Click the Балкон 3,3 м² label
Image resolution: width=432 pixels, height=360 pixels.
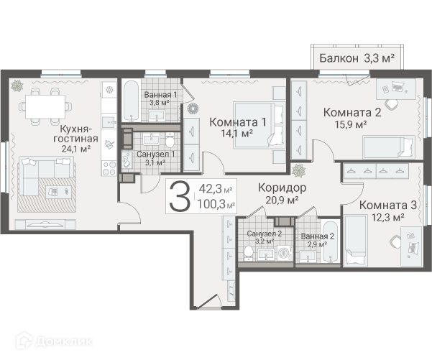pyautogui.click(x=357, y=58)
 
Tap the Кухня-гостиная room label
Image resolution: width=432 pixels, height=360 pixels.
pyautogui.click(x=75, y=134)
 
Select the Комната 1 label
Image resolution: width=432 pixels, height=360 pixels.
pyautogui.click(x=238, y=122)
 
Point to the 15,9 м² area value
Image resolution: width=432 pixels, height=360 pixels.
pyautogui.click(x=351, y=124)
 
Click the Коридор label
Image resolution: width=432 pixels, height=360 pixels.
pyautogui.click(x=282, y=188)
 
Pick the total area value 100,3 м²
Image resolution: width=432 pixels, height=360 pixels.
pyautogui.click(x=216, y=204)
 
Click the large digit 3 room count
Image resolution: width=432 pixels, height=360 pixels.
pyautogui.click(x=180, y=196)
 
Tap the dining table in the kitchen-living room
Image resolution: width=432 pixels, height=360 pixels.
pyautogui.click(x=45, y=106)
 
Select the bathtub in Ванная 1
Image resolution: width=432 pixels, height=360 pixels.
pyautogui.click(x=131, y=101)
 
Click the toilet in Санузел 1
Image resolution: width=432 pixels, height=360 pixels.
pyautogui.click(x=170, y=140)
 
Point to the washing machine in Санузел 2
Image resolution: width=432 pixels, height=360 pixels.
pyautogui.click(x=282, y=253)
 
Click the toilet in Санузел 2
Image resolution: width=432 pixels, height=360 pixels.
pyautogui.click(x=249, y=254)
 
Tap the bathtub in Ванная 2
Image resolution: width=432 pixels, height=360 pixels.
pyautogui.click(x=330, y=242)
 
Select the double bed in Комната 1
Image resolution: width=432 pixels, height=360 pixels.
pyautogui.click(x=259, y=125)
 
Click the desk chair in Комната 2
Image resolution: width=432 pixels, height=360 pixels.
pyautogui.click(x=391, y=104)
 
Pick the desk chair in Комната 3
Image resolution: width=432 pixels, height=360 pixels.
pyautogui.click(x=395, y=241)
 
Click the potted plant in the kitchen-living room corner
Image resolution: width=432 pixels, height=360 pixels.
pyautogui.click(x=17, y=86)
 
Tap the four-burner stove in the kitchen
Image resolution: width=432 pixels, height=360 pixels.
pyautogui.click(x=109, y=168)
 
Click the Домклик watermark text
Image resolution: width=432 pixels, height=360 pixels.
pyautogui.click(x=63, y=342)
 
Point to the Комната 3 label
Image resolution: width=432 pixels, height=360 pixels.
pyautogui.click(x=387, y=206)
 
